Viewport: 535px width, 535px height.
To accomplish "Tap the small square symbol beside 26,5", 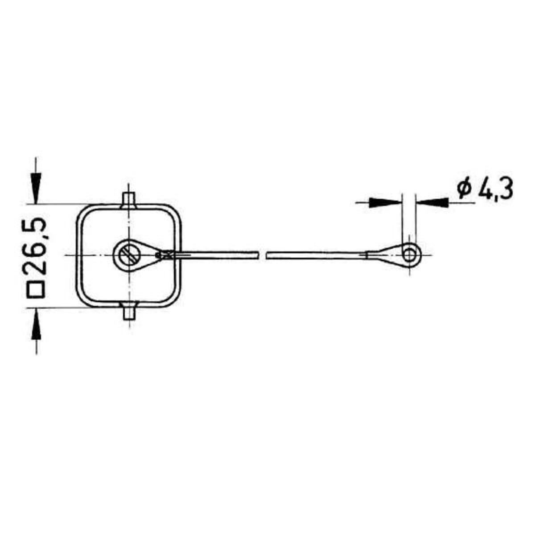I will (37, 290).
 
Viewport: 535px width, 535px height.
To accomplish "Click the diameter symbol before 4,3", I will (463, 189).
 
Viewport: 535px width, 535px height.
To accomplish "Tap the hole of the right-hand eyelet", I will (409, 255).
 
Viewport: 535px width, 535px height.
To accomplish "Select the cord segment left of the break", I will (214, 255).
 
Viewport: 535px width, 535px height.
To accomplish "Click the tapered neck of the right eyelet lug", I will (383, 255).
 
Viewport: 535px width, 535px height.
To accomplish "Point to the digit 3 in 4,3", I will (506, 189).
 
